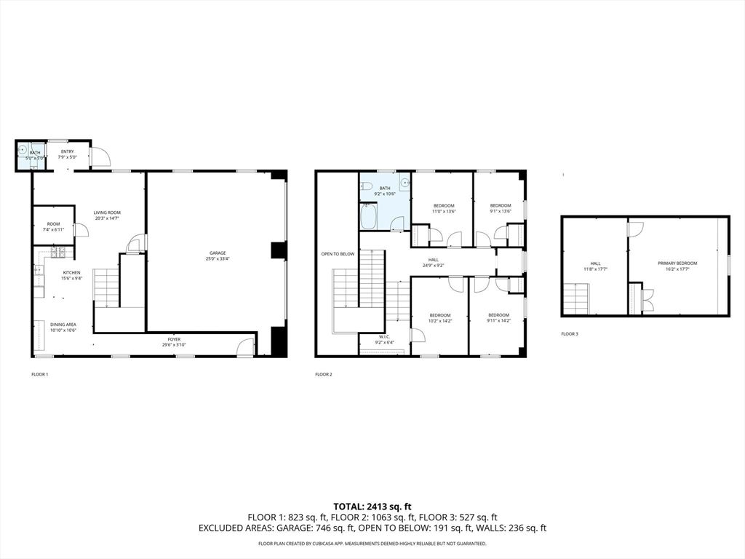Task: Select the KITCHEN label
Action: point(71,274)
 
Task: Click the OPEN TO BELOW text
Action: point(338,254)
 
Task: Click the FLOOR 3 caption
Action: point(570,334)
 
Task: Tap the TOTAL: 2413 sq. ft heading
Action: point(372,506)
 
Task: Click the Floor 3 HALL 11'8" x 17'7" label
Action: point(595,266)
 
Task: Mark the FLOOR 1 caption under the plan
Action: point(39,374)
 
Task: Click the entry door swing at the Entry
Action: point(100,156)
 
